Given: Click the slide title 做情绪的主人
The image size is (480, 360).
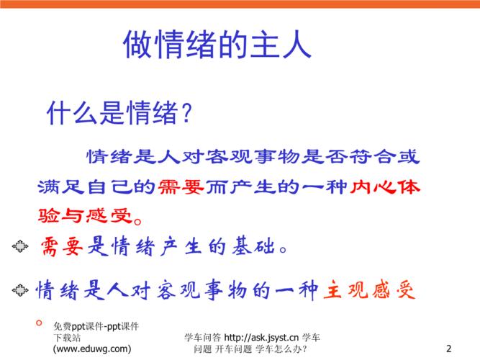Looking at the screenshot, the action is pyautogui.click(x=217, y=45).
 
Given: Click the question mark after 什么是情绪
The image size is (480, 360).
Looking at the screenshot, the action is pyautogui.click(x=186, y=113).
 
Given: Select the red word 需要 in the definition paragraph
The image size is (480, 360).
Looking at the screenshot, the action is pyautogui.click(x=181, y=186).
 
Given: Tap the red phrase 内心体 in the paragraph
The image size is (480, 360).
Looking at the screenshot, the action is pyautogui.click(x=385, y=186).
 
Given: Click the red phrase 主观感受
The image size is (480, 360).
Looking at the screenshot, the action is pyautogui.click(x=369, y=290).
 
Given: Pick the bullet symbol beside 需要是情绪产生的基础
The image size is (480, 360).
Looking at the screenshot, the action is pyautogui.click(x=20, y=246).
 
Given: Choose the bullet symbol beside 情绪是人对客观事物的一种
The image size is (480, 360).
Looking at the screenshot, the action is pyautogui.click(x=20, y=290).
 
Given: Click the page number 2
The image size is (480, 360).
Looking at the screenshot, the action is pyautogui.click(x=448, y=348).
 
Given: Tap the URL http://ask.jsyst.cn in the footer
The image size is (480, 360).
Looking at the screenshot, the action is pyautogui.click(x=261, y=338).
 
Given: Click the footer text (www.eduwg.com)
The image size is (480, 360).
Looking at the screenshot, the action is pyautogui.click(x=92, y=348).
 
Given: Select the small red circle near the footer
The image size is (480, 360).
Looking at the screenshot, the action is pyautogui.click(x=39, y=323).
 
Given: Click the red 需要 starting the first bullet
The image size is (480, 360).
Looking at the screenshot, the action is pyautogui.click(x=62, y=247).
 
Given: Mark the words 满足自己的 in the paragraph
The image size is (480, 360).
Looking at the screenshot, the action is pyautogui.click(x=96, y=186).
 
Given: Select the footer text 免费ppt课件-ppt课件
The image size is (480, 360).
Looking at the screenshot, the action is pyautogui.click(x=96, y=327).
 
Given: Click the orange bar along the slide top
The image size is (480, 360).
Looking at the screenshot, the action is pyautogui.click(x=240, y=4).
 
